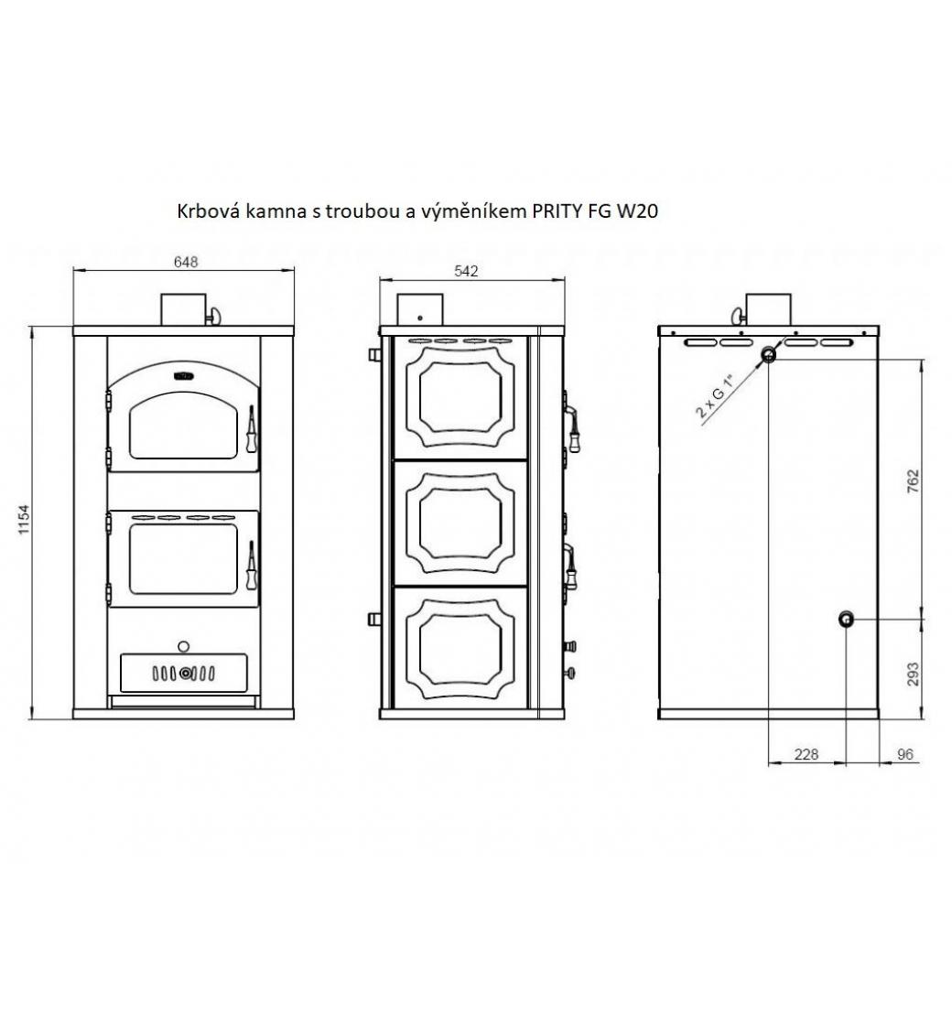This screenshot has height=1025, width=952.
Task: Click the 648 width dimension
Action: point(186,262)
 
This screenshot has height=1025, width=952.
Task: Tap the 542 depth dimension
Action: point(466,271)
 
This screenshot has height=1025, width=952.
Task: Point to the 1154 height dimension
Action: point(24,520)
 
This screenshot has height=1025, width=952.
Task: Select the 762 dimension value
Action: point(913,481)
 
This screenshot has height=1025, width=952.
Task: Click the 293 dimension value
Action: point(913,674)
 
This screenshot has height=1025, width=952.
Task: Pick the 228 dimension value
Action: point(806,754)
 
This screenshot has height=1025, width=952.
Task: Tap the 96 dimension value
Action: point(905,754)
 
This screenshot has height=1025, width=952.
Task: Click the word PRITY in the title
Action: point(555,211)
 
